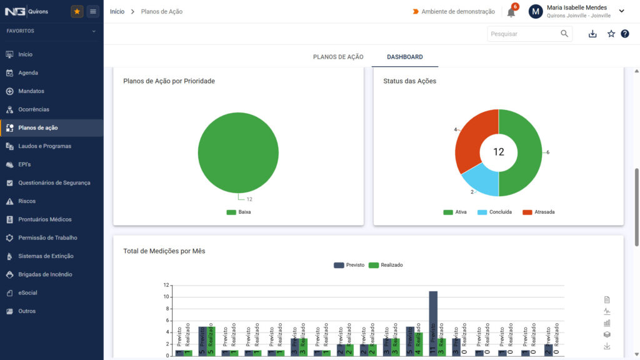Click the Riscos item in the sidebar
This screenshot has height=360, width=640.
click(26, 201)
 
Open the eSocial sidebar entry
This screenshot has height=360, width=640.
click(27, 292)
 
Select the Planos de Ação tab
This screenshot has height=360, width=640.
click(338, 57)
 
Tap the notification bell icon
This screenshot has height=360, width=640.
click(511, 12)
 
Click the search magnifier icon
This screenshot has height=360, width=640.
click(564, 34)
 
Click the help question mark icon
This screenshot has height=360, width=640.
click(625, 34)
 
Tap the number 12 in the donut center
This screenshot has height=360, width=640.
click(498, 152)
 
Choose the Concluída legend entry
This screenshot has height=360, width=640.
click(495, 212)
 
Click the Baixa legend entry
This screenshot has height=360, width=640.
click(239, 212)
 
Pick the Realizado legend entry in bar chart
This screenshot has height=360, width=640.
click(386, 265)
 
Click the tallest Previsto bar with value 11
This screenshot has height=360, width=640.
click(433, 323)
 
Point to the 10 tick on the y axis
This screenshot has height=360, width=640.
click(166, 297)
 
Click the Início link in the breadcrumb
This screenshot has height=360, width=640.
click(117, 11)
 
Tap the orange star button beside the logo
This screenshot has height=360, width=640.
click(77, 11)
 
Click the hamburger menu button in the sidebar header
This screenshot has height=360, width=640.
click(93, 11)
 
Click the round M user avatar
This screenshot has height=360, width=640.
click(536, 11)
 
